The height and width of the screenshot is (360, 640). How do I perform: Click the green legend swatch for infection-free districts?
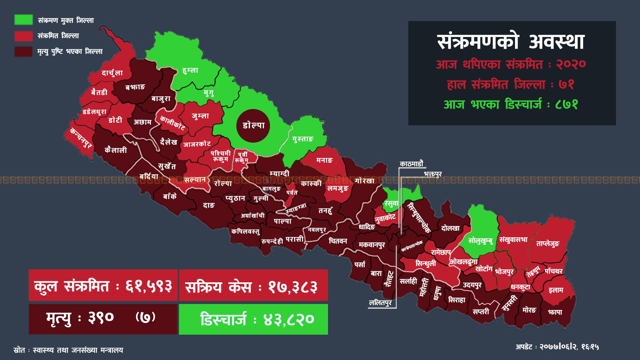(23, 20)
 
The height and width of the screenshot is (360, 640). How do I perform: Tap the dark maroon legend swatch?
(23, 51)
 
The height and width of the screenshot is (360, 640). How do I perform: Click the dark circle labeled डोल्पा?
(253, 126)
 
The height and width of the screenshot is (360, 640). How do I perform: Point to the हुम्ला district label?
(190, 70)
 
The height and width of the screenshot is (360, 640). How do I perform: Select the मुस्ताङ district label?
(303, 139)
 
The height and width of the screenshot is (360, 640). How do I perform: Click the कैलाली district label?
(116, 150)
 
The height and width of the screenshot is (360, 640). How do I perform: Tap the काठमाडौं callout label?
(411, 164)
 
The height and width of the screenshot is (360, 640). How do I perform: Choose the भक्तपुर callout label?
(433, 174)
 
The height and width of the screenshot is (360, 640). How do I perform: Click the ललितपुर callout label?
(380, 303)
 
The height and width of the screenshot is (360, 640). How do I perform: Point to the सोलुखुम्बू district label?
(480, 240)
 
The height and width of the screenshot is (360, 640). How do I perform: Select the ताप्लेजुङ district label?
(547, 244)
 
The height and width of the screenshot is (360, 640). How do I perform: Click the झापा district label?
(555, 312)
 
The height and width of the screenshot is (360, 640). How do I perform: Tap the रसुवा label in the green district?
(391, 203)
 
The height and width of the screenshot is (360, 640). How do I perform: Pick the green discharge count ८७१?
(566, 105)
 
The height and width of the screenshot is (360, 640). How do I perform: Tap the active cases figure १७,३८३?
(293, 286)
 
